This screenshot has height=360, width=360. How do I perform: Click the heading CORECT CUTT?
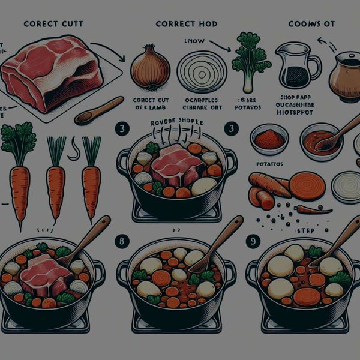(53, 24)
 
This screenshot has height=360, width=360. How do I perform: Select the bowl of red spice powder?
(269, 139)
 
